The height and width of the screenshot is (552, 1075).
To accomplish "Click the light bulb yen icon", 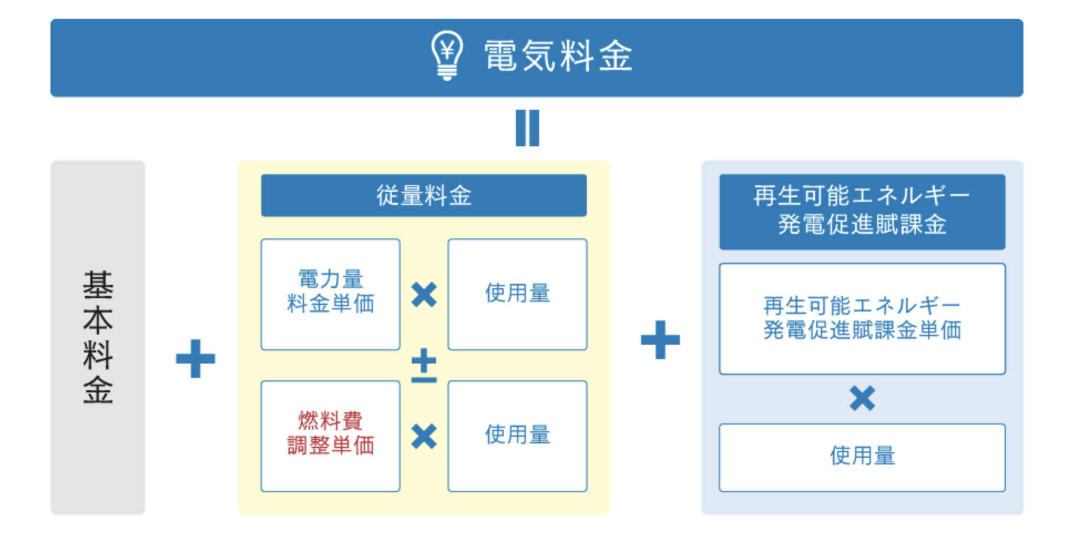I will [447, 55].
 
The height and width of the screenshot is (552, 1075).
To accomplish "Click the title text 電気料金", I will [558, 57].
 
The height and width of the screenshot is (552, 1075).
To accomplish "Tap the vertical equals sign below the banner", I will [527, 128].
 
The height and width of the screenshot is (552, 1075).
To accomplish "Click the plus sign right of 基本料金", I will [195, 359].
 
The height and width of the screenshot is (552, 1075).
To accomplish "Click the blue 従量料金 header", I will [423, 196].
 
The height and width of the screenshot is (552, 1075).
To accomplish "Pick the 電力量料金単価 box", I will [330, 294].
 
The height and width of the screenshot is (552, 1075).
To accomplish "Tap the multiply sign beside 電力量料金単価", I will [424, 294].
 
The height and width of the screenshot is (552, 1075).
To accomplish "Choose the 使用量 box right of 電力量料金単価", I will [517, 294].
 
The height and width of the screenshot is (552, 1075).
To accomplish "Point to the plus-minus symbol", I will [424, 366].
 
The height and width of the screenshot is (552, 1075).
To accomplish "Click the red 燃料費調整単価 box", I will [330, 436].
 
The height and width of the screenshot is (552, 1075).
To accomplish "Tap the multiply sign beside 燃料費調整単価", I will [424, 436].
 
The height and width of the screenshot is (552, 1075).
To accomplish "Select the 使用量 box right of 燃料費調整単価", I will [517, 436].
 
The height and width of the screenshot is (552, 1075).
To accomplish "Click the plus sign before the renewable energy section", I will [660, 340].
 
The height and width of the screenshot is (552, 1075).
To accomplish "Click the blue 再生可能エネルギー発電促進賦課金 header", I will [862, 211].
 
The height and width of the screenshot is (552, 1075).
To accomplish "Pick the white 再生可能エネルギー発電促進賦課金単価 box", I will [862, 319].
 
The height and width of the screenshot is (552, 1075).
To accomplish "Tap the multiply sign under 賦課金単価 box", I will [862, 398].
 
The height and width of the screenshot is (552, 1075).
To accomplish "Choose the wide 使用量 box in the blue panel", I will [862, 457].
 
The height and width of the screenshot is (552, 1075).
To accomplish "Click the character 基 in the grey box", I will [98, 285].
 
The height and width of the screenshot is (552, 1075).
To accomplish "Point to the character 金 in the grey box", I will [98, 390].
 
